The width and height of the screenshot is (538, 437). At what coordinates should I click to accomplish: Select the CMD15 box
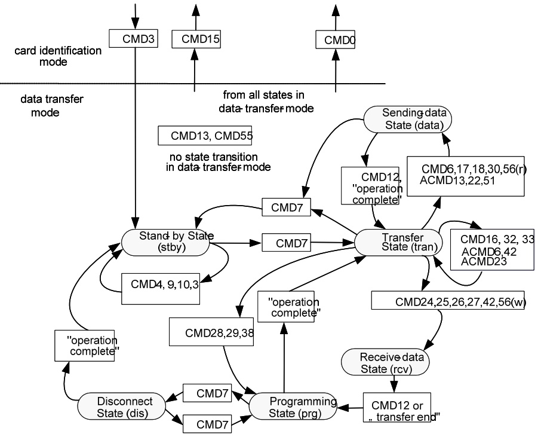(196, 39)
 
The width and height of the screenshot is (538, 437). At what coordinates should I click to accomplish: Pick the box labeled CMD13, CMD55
(204, 135)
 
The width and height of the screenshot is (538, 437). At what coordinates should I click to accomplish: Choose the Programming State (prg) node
(293, 406)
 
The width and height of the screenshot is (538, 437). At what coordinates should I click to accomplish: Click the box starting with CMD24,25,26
(441, 301)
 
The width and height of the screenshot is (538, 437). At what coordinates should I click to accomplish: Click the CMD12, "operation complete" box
(370, 186)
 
